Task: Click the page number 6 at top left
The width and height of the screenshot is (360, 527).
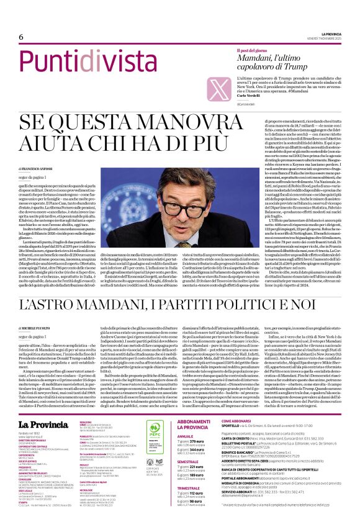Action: (x=21, y=36)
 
